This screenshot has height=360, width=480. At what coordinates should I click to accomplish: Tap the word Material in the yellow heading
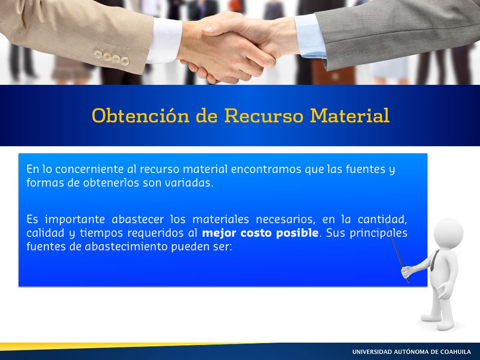click(x=350, y=116)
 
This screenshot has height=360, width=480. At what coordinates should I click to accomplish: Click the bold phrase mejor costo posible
click(x=260, y=233)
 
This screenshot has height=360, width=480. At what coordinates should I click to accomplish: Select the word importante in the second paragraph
click(x=75, y=219)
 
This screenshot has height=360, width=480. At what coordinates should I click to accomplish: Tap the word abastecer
click(x=138, y=219)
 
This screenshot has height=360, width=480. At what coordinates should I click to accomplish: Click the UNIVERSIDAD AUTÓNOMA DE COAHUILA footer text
click(x=412, y=352)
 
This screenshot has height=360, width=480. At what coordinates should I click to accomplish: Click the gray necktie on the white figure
click(x=434, y=261)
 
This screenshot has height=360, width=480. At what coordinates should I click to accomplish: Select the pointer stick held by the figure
click(x=397, y=252)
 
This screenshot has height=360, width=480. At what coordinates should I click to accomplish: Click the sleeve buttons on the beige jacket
click(x=112, y=58)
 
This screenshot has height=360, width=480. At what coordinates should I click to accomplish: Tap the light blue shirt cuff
click(x=310, y=36)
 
